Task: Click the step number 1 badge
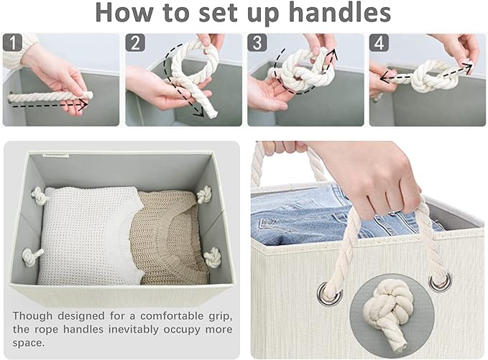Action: pos(12,42)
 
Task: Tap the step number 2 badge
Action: pos(135,42)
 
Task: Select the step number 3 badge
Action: pos(257,42)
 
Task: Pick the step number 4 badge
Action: pos(379,42)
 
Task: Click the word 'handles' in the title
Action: pos(340,12)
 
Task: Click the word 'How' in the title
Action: pos(124,12)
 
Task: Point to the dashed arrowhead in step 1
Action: pos(83,105)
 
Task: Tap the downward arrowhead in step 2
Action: pos(199,113)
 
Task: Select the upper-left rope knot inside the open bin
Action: pos(39,195)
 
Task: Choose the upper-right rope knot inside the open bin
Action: pos(204,195)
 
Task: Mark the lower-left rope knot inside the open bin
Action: pos(31,257)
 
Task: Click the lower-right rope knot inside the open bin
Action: pos(213,257)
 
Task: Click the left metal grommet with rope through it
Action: pos(330,294)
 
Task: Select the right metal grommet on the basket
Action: pos(440,282)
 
